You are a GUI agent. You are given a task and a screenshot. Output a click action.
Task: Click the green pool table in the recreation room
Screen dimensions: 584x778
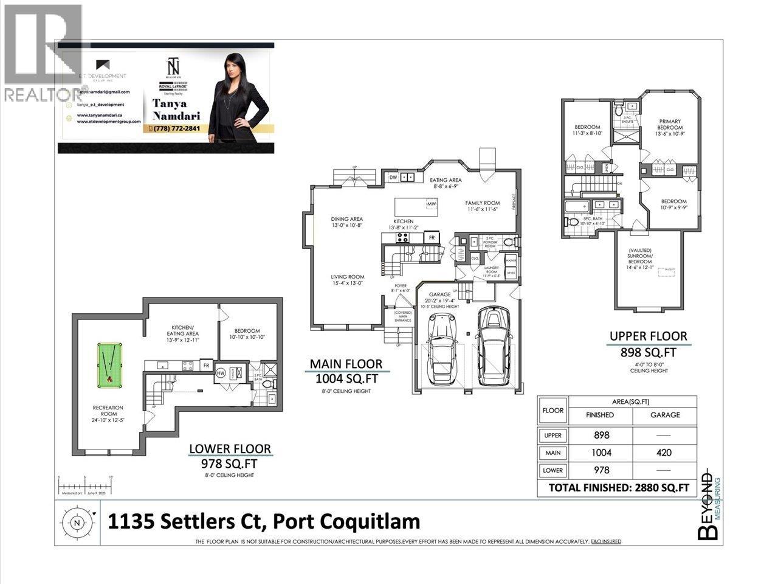point(109,366)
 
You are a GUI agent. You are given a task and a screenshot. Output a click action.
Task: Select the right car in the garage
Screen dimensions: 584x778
point(493,346)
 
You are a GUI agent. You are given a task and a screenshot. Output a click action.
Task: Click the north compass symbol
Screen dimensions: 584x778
point(77,522)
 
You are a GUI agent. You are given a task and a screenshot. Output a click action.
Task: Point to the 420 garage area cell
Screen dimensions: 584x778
point(665,453)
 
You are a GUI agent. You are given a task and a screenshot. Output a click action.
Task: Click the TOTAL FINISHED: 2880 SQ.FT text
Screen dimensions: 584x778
point(618,487)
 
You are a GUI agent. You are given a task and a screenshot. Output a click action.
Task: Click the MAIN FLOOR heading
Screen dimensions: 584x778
point(346,364)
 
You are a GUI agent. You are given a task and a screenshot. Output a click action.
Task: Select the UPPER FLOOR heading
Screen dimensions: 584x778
point(649,336)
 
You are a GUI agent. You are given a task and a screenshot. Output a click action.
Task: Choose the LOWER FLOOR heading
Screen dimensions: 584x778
point(230,449)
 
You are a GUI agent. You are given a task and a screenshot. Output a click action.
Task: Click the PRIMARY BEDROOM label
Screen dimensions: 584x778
point(670,125)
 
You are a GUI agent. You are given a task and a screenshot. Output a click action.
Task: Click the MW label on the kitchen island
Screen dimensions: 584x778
point(431,204)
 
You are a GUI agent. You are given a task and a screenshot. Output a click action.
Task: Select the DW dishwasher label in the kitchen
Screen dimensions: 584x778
point(393,178)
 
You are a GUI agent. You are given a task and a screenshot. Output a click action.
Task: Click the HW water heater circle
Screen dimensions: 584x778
point(220,372)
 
